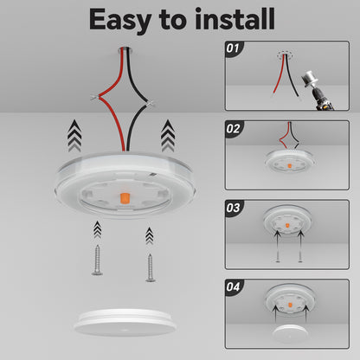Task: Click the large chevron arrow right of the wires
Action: [167, 134]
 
